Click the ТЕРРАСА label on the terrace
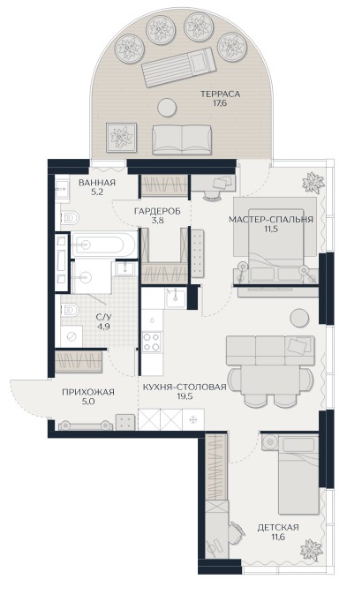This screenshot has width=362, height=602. [220, 94]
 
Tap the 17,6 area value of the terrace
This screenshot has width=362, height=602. [220, 103]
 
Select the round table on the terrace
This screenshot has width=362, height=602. [167, 107]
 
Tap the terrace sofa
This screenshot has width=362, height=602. [182, 139]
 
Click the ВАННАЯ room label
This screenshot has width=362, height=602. [97, 183]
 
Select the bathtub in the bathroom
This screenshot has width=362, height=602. [103, 245]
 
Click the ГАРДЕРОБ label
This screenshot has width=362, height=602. [157, 211]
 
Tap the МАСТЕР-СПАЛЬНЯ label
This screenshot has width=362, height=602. [271, 220]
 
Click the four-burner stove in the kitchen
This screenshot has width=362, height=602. [151, 342]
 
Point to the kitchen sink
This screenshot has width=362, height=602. [175, 298]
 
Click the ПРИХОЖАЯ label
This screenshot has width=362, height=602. [88, 392]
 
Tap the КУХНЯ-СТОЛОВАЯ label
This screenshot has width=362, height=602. [185, 387]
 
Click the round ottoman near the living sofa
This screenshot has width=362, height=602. [299, 318]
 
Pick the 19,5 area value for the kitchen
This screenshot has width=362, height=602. [185, 395]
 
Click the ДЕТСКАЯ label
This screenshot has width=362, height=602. [278, 527]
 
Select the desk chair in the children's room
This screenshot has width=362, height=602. [237, 531]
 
